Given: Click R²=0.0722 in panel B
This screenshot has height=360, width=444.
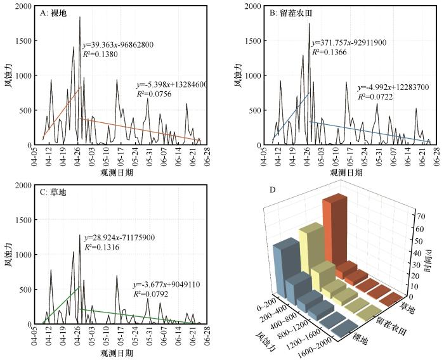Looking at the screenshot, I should [377, 97].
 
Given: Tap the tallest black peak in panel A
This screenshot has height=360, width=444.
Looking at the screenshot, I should [80, 18].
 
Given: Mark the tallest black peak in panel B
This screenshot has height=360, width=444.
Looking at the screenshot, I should [309, 24].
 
